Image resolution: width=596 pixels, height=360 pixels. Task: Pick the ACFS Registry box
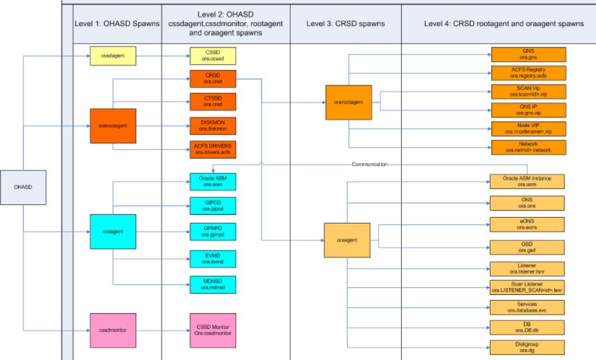pyautogui.click(x=528, y=72)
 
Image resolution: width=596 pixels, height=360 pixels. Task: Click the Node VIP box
pyautogui.click(x=528, y=128)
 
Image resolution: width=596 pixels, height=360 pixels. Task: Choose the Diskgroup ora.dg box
pyautogui.click(x=528, y=347)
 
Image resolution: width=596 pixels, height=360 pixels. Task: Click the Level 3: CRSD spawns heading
pyautogui.click(x=346, y=24)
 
